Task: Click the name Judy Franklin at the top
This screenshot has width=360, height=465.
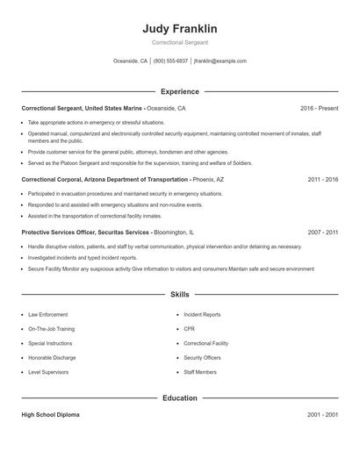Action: (179, 29)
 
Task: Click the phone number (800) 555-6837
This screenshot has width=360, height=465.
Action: (170, 61)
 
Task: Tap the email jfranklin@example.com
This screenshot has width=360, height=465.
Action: (220, 61)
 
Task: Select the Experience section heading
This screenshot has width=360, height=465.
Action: (180, 91)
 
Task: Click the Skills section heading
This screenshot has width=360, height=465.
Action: (179, 295)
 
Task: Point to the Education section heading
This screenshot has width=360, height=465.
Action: (180, 397)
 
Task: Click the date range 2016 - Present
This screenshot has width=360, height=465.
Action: (319, 108)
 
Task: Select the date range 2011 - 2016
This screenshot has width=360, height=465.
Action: (322, 179)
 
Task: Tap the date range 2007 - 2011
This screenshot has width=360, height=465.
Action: (322, 232)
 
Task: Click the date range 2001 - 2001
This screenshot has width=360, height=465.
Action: (322, 414)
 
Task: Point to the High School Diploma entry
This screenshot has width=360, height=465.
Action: (50, 414)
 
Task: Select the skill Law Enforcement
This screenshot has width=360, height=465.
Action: (47, 314)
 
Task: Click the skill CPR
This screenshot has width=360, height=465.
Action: (189, 329)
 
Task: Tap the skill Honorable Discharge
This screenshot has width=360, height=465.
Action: (51, 358)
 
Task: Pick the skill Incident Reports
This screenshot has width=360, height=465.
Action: (202, 314)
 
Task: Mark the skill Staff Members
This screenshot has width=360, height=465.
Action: (200, 372)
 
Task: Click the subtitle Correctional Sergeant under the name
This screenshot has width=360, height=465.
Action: (179, 43)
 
